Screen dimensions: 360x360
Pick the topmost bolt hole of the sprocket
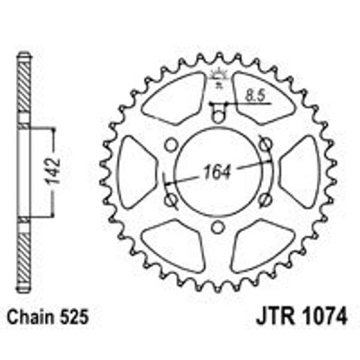pos(217,116)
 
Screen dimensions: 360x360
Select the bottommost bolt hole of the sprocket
pos(217,227)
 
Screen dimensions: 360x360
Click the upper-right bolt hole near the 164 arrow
pos(265,143)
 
